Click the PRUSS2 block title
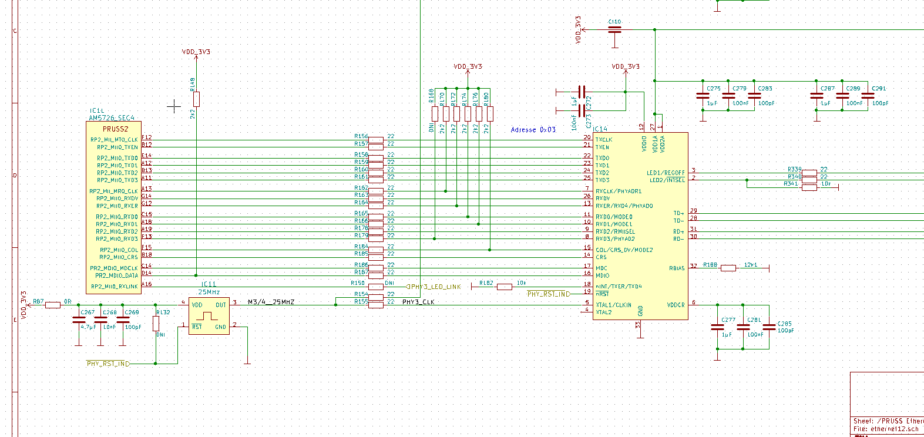click(115, 129)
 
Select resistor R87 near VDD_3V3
click(53, 305)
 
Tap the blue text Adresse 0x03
click(533, 130)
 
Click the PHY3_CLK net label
click(418, 302)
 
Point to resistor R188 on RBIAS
click(728, 268)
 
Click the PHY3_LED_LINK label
click(435, 287)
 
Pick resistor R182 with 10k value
click(504, 287)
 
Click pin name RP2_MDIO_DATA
click(116, 275)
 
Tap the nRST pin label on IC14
click(602, 294)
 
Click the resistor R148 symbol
click(196, 99)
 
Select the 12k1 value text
click(751, 265)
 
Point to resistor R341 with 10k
click(809, 187)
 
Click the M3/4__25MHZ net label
click(271, 302)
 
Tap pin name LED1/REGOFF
click(666, 173)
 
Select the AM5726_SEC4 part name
click(112, 118)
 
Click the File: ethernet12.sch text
click(886, 429)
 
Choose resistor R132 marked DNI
click(156, 323)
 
